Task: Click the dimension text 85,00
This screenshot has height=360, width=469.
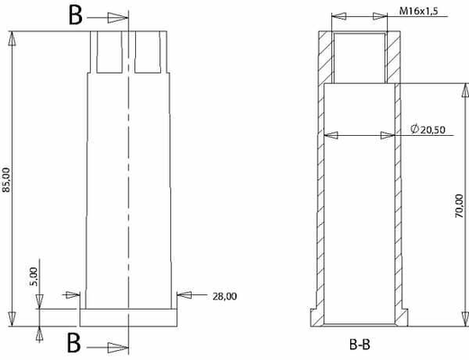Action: pyautogui.click(x=8, y=179)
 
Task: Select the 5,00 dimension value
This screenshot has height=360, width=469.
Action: pyautogui.click(x=33, y=274)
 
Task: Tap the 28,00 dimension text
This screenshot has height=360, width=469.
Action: pyautogui.click(x=223, y=295)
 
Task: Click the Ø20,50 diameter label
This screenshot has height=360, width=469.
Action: pyautogui.click(x=429, y=130)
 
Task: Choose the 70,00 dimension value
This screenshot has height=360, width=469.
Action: pyautogui.click(x=459, y=205)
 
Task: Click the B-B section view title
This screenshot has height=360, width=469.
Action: pyautogui.click(x=361, y=344)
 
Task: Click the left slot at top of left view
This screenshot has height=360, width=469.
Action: pyautogui.click(x=108, y=54)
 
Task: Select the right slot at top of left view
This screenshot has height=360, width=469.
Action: pyautogui.click(x=149, y=54)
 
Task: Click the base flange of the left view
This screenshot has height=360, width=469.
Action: pyautogui.click(x=130, y=317)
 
